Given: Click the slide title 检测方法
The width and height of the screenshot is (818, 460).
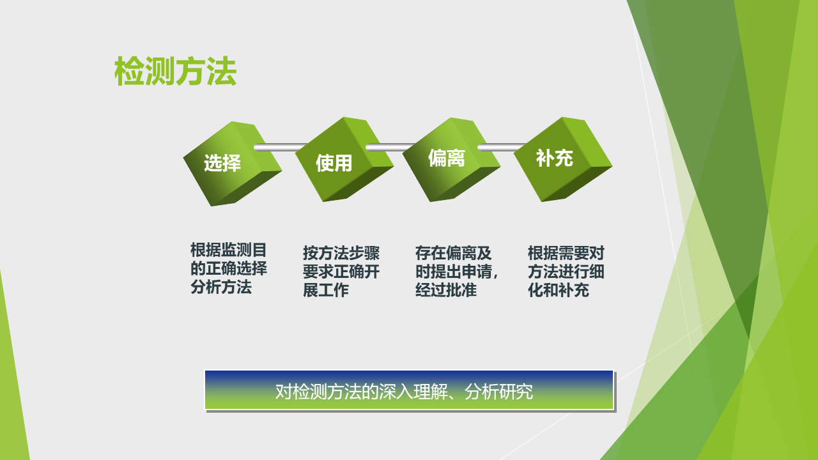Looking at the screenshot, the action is click(175, 71).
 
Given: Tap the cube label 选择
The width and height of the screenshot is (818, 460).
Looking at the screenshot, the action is click(222, 163).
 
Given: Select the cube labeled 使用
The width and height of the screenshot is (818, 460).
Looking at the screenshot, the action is click(344, 160).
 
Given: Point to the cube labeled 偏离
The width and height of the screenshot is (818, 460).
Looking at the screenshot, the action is click(451, 160).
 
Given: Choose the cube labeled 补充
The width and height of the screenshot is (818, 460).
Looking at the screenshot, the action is click(563, 159).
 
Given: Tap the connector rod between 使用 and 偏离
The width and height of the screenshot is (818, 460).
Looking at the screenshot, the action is click(390, 147).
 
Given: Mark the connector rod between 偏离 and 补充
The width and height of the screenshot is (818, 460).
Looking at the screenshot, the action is click(502, 147).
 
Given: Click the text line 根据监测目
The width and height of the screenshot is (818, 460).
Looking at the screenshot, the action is click(229, 250).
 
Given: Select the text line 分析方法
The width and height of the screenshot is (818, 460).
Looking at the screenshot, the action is click(221, 287).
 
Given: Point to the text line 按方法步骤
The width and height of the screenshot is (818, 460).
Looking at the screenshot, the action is click(341, 253).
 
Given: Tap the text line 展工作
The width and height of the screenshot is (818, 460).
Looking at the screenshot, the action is click(326, 290).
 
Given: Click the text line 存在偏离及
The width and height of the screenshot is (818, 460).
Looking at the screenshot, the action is click(454, 253).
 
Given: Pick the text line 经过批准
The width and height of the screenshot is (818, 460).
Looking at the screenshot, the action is click(446, 290).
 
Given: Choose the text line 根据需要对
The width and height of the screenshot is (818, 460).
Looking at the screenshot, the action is click(566, 253).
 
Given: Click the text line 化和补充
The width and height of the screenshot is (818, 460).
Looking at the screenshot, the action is click(559, 290).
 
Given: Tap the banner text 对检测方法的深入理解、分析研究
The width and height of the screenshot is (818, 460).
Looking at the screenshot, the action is click(404, 392).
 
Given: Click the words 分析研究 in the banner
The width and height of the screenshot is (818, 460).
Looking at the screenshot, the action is click(499, 392).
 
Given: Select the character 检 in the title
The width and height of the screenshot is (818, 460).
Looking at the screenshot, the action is click(129, 71).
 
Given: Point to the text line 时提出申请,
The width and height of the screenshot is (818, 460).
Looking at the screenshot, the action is click(456, 272).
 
